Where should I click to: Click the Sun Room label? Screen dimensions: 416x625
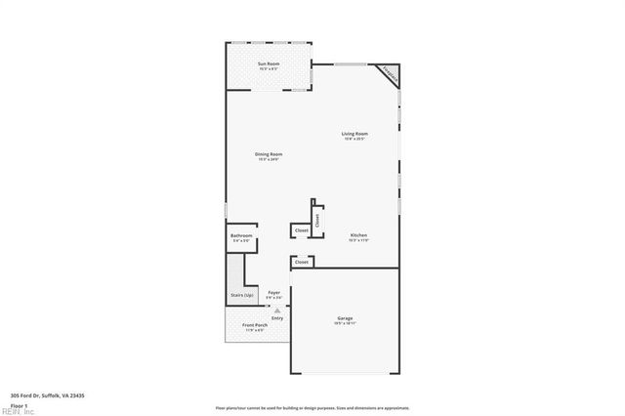click(x=268, y=64)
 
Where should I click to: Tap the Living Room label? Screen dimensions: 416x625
click(x=354, y=134)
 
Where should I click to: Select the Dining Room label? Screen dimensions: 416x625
click(x=269, y=154)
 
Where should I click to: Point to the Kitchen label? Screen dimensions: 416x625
click(x=359, y=235)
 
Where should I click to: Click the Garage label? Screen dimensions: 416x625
click(x=345, y=318)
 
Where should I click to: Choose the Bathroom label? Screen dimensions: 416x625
click(x=241, y=236)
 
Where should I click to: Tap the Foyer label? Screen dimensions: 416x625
click(x=274, y=292)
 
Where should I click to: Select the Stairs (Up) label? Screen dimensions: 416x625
click(x=242, y=294)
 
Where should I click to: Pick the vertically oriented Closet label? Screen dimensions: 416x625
click(x=317, y=221)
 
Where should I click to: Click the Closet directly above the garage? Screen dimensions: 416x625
click(x=302, y=262)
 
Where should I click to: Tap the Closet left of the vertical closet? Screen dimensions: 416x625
click(x=301, y=230)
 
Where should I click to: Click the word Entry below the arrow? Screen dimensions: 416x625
click(x=277, y=317)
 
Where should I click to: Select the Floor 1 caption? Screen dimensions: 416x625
click(x=19, y=404)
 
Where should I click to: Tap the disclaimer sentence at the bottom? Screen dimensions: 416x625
click(x=312, y=408)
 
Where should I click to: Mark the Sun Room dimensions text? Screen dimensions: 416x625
click(x=268, y=70)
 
